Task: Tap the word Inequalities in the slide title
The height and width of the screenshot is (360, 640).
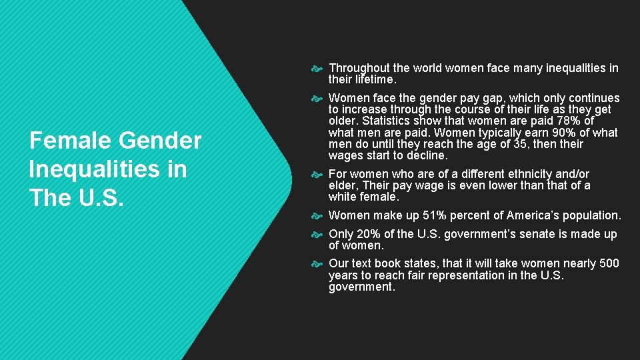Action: (107, 169)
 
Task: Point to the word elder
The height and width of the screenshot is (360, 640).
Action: (344, 185)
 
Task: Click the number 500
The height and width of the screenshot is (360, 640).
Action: (609, 263)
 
